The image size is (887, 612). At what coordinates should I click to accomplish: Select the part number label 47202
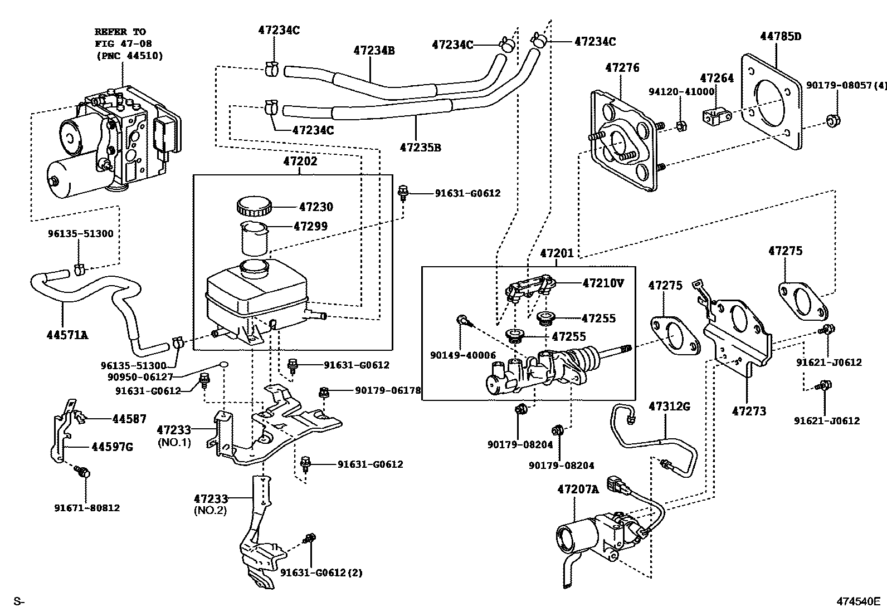click(300, 161)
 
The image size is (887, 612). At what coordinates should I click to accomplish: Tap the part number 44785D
click(781, 36)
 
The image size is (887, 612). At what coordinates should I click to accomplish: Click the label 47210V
click(603, 283)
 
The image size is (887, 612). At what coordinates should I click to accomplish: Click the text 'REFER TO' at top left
click(120, 32)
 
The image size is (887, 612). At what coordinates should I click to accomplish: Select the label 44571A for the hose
click(67, 335)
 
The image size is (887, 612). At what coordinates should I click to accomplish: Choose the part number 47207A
click(578, 489)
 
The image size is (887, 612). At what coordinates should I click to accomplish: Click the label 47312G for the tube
click(669, 407)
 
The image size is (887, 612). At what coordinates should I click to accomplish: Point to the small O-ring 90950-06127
click(223, 365)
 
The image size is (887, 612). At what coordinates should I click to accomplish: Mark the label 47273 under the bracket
click(749, 411)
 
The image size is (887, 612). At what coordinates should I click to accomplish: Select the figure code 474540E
click(857, 601)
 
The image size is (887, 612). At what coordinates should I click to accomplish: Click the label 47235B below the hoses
click(420, 148)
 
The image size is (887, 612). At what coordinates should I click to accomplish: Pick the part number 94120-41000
click(681, 91)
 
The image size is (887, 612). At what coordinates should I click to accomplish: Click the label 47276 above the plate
click(622, 68)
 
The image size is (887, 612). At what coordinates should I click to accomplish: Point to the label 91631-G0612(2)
click(321, 572)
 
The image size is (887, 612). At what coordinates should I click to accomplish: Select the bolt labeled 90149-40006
click(462, 320)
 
